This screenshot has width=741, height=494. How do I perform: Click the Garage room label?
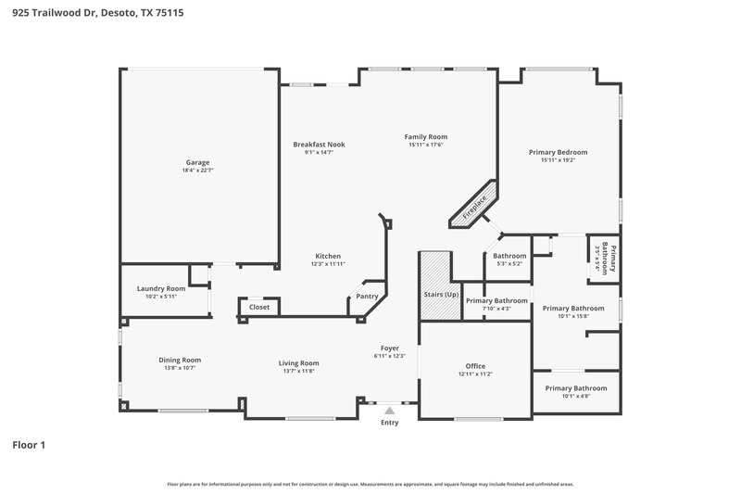point(197,162)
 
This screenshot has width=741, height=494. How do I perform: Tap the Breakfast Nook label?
point(319,145)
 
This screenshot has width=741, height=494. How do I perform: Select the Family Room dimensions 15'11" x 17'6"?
point(426,145)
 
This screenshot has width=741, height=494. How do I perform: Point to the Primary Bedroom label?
point(558,152)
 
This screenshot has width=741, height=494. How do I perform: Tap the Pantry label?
point(367,297)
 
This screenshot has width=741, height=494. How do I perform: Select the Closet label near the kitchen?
point(259,307)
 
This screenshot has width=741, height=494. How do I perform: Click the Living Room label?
point(299,363)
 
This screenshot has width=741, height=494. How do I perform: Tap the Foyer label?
point(390,348)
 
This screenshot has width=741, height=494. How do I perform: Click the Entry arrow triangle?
point(390,409)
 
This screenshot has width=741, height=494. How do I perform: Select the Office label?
point(474,366)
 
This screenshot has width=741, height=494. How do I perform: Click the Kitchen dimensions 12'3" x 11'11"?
point(328,264)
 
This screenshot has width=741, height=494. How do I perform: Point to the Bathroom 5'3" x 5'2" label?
point(509,256)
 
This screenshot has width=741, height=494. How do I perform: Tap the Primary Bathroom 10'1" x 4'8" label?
point(576,388)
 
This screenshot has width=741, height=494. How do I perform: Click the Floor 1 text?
point(29,445)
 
